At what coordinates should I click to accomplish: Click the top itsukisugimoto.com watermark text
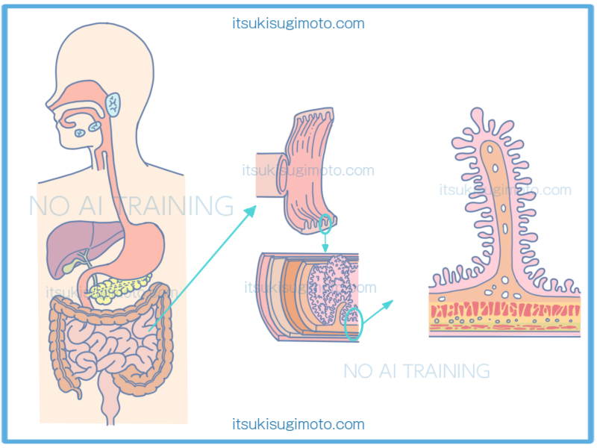(298, 23)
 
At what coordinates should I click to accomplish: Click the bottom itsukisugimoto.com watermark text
(298, 425)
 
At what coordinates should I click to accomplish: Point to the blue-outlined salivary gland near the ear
(113, 104)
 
